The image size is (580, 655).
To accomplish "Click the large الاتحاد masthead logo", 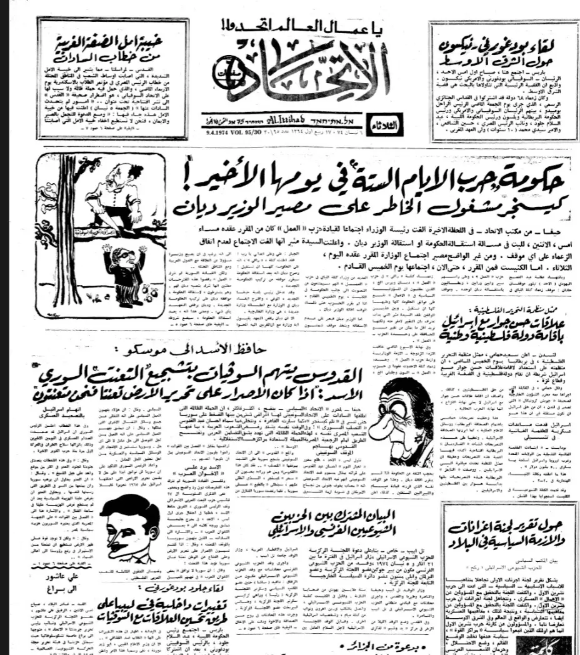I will pos(306,79).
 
